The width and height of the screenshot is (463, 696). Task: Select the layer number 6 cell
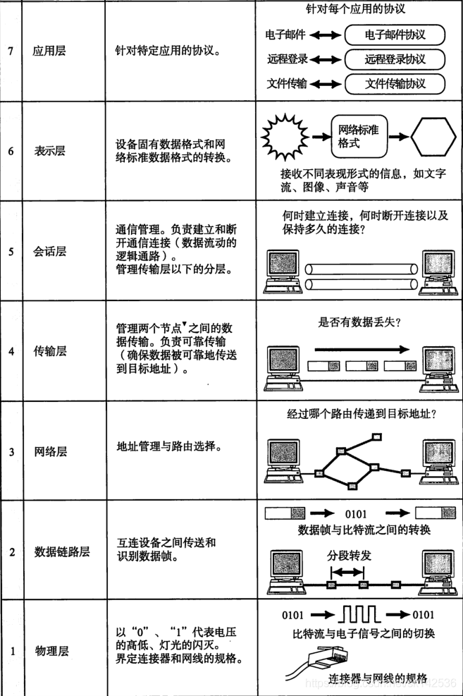tap(12, 150)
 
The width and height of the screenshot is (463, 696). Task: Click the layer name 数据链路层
tap(62, 551)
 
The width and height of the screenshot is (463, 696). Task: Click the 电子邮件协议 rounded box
tap(395, 35)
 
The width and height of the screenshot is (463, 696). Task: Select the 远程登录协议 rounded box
tap(395, 59)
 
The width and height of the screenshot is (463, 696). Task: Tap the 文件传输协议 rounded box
tap(395, 84)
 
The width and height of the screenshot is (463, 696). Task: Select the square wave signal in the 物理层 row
tap(361, 614)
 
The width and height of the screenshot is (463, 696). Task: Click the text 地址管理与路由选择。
tap(168, 447)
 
